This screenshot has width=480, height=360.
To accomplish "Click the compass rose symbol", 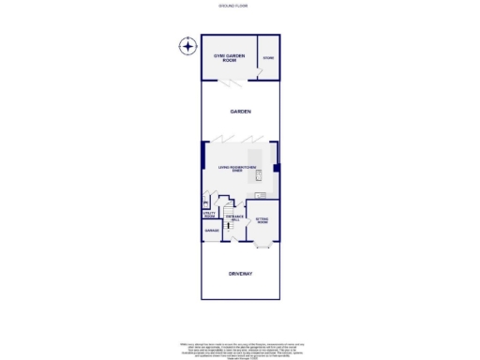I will point(188,46).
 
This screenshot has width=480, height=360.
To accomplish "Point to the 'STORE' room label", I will point(268,58).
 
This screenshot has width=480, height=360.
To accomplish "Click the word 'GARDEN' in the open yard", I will point(241,112).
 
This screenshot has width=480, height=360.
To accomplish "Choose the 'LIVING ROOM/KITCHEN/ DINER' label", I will point(237,170).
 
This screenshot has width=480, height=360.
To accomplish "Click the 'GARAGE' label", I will point(212,230).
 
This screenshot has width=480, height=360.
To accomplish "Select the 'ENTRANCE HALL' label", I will point(238,217).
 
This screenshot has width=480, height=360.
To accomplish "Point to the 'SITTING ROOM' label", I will point(262,220).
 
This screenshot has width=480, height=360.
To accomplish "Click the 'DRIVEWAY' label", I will point(241,274).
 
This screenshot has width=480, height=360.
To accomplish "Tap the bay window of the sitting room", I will point(262,246).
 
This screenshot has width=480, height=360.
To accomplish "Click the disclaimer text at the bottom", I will point(240,348).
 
